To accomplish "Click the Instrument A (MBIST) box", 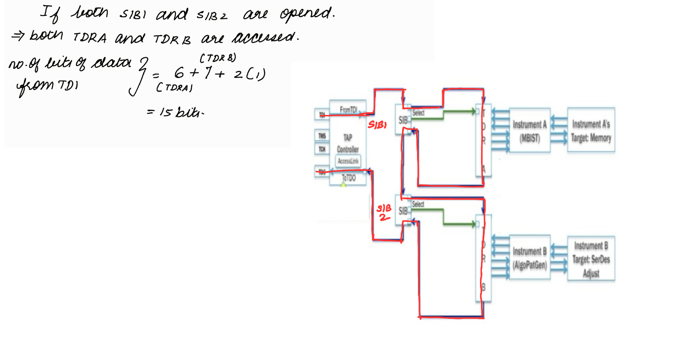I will pyautogui.click(x=529, y=130).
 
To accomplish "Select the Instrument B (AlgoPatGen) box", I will pyautogui.click(x=529, y=257).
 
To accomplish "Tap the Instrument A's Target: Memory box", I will pyautogui.click(x=591, y=130).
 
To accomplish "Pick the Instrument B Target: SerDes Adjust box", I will pyautogui.click(x=591, y=259).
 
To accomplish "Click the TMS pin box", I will pyautogui.click(x=322, y=136).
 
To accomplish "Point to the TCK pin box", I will pyautogui.click(x=322, y=149).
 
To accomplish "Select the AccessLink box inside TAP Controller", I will pyautogui.click(x=348, y=161).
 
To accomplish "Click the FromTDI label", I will pyautogui.click(x=348, y=110).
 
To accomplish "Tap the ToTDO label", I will pyautogui.click(x=349, y=178).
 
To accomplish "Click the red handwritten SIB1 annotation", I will pyautogui.click(x=377, y=125).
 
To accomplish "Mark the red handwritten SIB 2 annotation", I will pyautogui.click(x=384, y=213).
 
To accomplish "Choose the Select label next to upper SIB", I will pyautogui.click(x=418, y=113).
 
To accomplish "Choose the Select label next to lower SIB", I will pyautogui.click(x=418, y=204).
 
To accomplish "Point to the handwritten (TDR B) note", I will pyautogui.click(x=218, y=58).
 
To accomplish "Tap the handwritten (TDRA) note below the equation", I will pyautogui.click(x=174, y=88).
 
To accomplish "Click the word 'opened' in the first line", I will pyautogui.click(x=306, y=14).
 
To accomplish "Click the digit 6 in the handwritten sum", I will pyautogui.click(x=179, y=72).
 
